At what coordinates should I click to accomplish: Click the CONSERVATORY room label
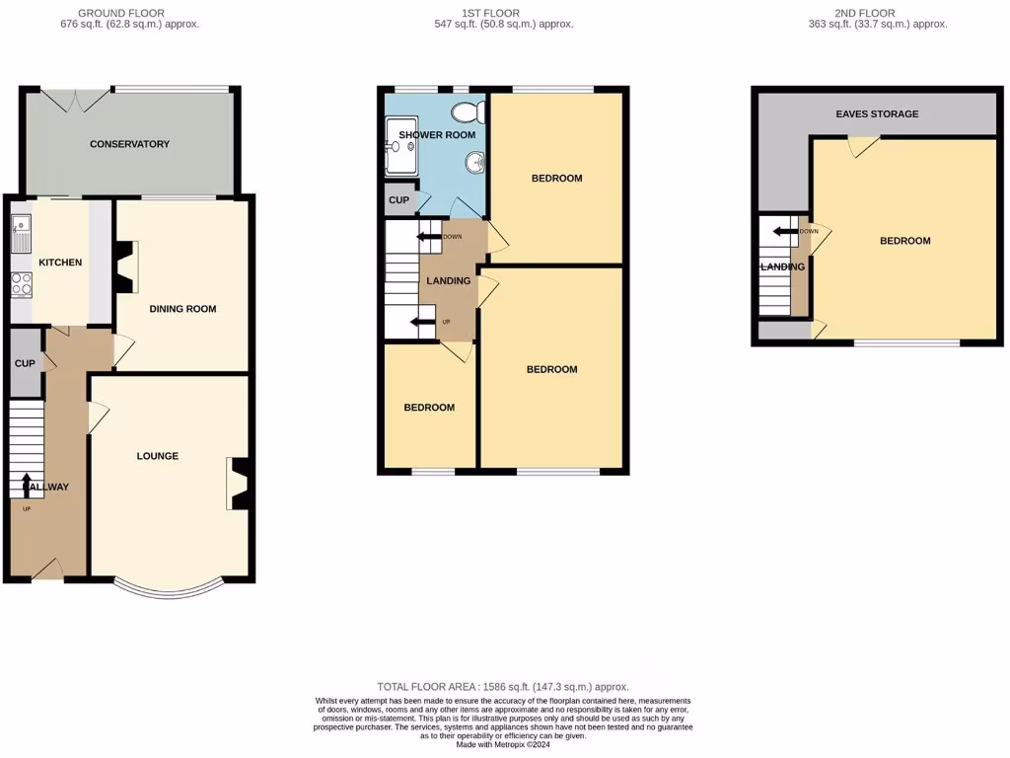(129, 144)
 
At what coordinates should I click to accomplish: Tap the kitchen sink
(21, 233)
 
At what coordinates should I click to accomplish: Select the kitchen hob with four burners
(21, 284)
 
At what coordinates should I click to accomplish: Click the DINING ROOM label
(182, 309)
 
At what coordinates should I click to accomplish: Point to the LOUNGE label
(158, 456)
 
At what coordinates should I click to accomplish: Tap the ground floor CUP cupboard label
(25, 364)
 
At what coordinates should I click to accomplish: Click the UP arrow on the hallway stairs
(27, 483)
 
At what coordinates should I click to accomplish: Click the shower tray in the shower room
(400, 156)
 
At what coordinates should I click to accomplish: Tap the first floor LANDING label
(448, 281)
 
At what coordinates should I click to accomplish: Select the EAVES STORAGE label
(877, 114)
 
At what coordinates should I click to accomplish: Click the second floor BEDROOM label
(904, 241)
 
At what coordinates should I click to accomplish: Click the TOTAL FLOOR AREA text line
(503, 687)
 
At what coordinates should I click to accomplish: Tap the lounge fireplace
(239, 484)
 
